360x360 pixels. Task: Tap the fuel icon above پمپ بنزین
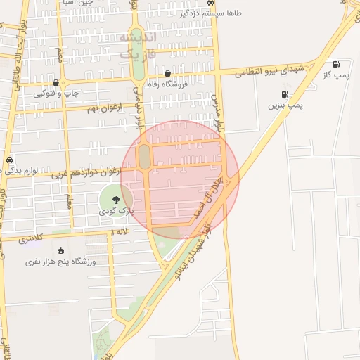(285, 94)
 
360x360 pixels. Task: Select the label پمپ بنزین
(285, 105)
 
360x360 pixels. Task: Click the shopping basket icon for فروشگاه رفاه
(167, 73)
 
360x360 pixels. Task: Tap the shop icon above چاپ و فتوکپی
(56, 82)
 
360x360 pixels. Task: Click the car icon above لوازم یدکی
(9, 160)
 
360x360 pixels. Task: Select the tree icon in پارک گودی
(116, 200)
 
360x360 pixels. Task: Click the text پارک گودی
(116, 210)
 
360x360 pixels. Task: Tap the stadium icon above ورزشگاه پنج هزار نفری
(60, 251)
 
